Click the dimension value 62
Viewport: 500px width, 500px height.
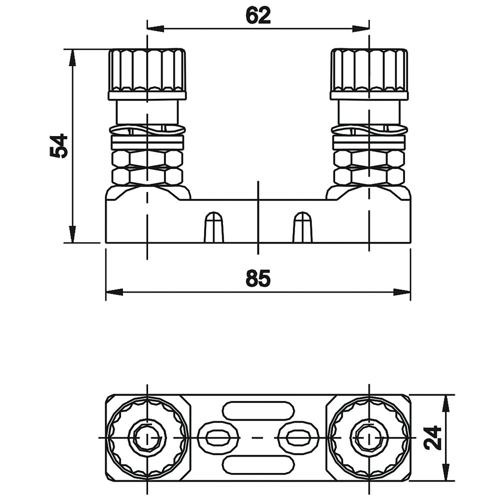[258, 15]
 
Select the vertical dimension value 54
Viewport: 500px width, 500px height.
[59, 146]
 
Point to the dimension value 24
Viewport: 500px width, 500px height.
[432, 437]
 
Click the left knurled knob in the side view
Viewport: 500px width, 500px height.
[147, 74]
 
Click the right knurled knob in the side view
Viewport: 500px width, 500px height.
[369, 74]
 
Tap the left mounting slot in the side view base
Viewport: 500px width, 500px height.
[213, 226]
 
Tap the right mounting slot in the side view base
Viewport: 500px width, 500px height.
[302, 226]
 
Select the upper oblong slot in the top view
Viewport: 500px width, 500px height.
[258, 410]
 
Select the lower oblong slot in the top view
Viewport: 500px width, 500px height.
[258, 464]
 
